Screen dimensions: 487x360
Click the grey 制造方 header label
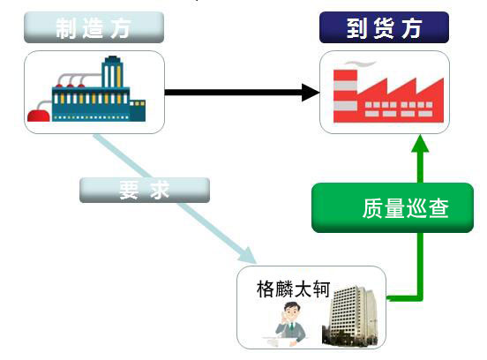click(x=94, y=27)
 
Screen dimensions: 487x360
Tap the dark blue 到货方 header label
click(x=384, y=27)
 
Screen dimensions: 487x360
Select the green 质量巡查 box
click(x=393, y=208)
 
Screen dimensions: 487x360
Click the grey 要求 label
click(x=145, y=190)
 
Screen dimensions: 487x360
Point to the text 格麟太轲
click(x=293, y=289)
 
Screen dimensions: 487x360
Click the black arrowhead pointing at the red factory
click(x=311, y=93)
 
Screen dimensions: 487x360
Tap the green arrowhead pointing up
click(x=420, y=144)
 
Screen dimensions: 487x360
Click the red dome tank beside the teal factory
click(x=39, y=116)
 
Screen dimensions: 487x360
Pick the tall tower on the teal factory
click(x=112, y=72)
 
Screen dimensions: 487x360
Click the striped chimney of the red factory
click(x=345, y=95)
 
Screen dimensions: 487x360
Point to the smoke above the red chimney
click(x=360, y=64)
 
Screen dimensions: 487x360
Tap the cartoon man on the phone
click(x=290, y=323)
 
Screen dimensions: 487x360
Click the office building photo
click(x=350, y=316)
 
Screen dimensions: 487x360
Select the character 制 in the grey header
click(x=66, y=28)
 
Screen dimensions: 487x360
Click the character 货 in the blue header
click(x=384, y=28)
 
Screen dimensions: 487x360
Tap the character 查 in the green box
click(x=438, y=208)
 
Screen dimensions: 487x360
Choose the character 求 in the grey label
click(x=160, y=190)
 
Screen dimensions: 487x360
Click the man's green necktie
click(x=291, y=326)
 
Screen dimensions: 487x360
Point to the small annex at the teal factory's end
click(x=138, y=110)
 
